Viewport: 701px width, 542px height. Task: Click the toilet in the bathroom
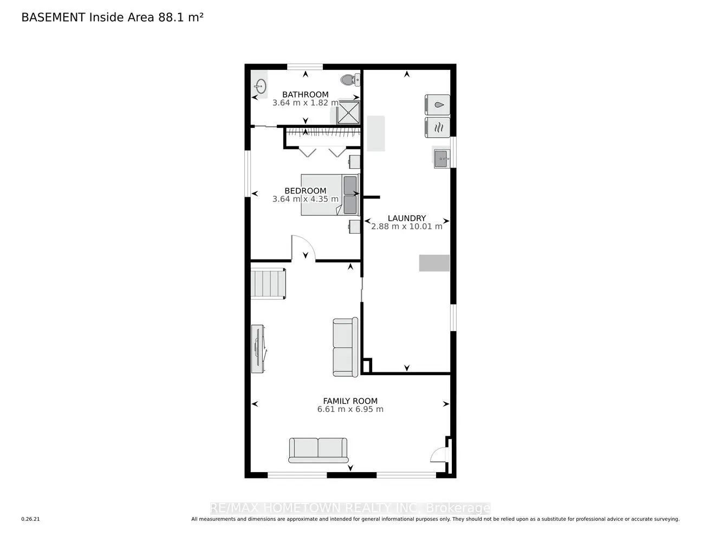[349, 80]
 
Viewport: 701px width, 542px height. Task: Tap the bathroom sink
[260, 86]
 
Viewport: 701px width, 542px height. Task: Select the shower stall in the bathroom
[348, 112]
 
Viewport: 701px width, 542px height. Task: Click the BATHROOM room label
[305, 95]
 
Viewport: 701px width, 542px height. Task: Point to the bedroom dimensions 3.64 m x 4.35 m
[305, 199]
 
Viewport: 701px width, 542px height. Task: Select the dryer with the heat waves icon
[437, 127]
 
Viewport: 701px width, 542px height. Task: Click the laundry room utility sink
[441, 158]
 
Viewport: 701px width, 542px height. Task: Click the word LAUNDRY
[406, 218]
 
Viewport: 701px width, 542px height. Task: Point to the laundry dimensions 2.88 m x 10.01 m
[406, 227]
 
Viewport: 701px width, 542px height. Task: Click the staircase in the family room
[268, 283]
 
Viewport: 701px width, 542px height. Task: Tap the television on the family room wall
[258, 349]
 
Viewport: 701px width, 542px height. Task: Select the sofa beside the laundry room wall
[345, 347]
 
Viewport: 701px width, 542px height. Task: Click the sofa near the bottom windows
[319, 450]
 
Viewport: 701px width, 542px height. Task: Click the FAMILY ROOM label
[350, 401]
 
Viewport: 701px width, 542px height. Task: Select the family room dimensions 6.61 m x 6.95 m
[350, 409]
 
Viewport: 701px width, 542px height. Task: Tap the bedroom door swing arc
[303, 247]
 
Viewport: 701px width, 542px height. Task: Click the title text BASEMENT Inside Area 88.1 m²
[112, 17]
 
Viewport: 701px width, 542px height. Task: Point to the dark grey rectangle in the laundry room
[434, 263]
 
